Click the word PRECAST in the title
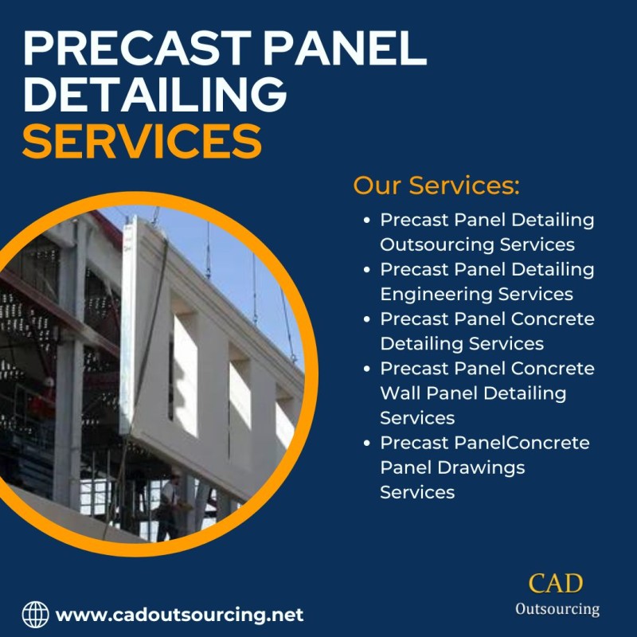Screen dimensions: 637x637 137,48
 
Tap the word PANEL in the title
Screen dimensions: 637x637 345,48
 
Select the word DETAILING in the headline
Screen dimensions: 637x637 155,94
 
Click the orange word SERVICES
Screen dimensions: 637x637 143,141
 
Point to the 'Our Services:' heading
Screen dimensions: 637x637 436,186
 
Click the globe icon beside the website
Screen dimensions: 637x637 35,614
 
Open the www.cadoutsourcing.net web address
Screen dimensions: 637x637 179,615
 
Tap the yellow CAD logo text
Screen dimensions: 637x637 555,584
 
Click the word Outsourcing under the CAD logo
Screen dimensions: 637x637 557,609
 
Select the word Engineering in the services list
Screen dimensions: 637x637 436,295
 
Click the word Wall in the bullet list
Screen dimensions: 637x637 400,393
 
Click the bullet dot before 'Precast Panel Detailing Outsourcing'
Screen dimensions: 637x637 367,221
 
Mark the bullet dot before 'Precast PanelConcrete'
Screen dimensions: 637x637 367,443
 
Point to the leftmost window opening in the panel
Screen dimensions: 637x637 185,373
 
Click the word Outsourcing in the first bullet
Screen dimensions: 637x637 436,244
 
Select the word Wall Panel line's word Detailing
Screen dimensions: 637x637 525,394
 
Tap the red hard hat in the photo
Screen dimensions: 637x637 49,381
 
